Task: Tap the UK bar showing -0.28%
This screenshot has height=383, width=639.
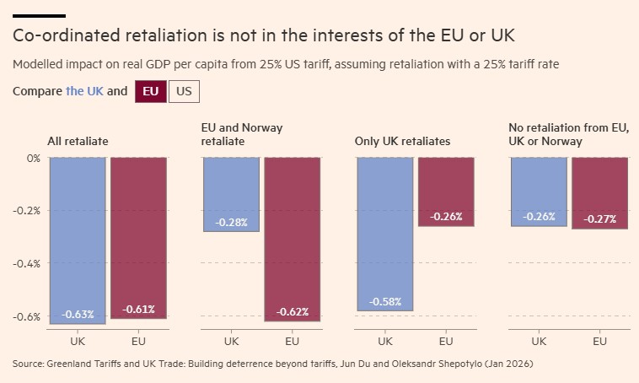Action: coord(231,194)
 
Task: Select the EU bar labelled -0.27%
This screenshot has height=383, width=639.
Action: coord(599,193)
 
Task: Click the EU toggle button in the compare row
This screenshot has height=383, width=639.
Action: coord(150,91)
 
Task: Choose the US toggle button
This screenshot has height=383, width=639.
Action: coord(184,91)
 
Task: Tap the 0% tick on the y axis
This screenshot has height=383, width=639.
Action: coord(33,158)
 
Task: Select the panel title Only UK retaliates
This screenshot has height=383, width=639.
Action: coord(402,141)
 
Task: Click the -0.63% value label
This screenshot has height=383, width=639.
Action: coord(78,315)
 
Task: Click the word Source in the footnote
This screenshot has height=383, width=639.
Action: coord(30,364)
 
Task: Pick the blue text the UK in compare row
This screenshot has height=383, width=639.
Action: coord(84,91)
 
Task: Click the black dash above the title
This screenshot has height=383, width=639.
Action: coord(39,16)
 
